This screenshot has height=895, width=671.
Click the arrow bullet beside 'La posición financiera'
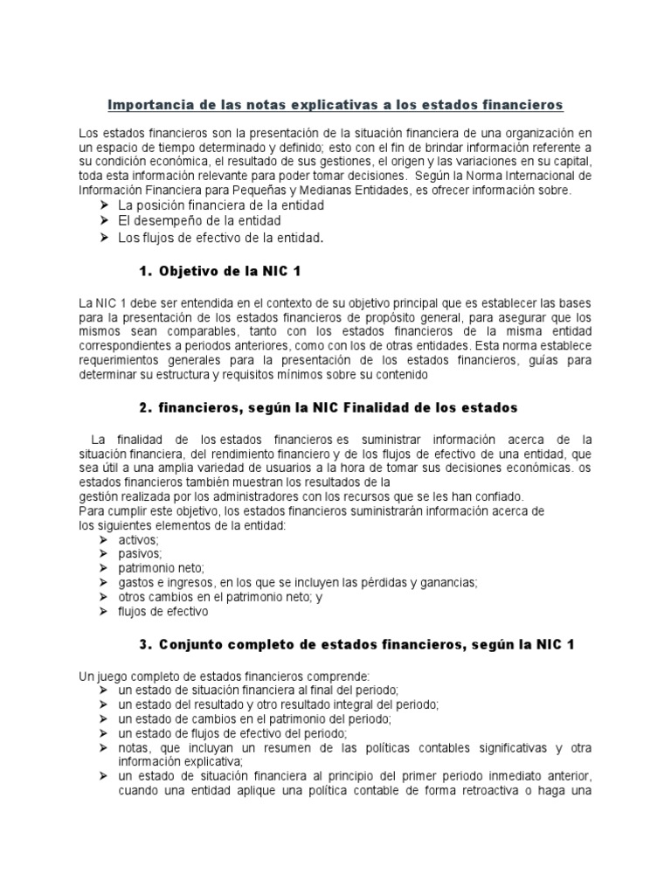[104, 205]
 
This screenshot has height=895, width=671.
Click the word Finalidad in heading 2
[387, 407]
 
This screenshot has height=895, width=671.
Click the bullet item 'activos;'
[138, 539]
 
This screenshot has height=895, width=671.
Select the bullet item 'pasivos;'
[140, 553]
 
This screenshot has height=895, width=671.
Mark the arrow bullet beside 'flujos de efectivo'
[104, 612]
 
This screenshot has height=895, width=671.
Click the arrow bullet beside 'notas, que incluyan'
[104, 748]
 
